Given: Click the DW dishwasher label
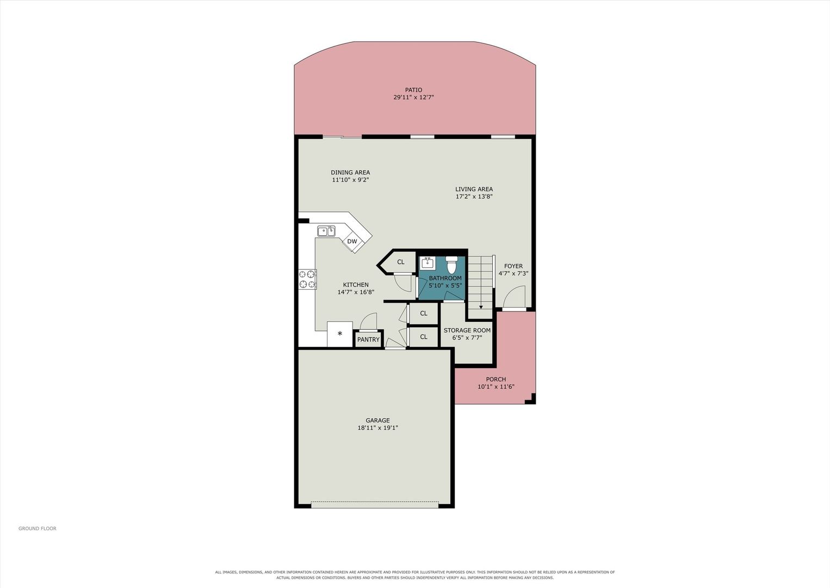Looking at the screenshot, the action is [x=352, y=242].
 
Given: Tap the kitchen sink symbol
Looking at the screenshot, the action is [x=326, y=231].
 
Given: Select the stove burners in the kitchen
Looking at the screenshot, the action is [x=307, y=279].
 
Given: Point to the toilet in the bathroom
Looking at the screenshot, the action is [x=451, y=264].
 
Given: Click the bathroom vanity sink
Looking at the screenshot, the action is [x=428, y=263].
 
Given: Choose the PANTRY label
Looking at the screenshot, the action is [x=368, y=339].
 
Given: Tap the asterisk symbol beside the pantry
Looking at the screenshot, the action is [x=340, y=333].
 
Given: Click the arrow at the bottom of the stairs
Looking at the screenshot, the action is [x=481, y=307].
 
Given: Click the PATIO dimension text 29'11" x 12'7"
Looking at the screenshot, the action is [x=413, y=97].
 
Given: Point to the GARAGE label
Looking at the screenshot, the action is [x=377, y=420].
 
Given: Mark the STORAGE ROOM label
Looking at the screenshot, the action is [x=467, y=330].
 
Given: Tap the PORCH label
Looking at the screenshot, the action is [x=496, y=379].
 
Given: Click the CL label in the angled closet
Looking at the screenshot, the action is [x=400, y=262].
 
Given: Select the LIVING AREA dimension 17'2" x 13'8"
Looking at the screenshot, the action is [x=474, y=197].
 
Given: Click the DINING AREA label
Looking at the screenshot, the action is [x=350, y=173].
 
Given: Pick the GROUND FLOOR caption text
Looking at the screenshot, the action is [x=38, y=528].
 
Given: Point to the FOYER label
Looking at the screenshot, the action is [x=513, y=266].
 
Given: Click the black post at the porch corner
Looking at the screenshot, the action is [x=530, y=399].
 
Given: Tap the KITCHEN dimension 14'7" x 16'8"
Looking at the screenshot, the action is [x=356, y=292].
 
